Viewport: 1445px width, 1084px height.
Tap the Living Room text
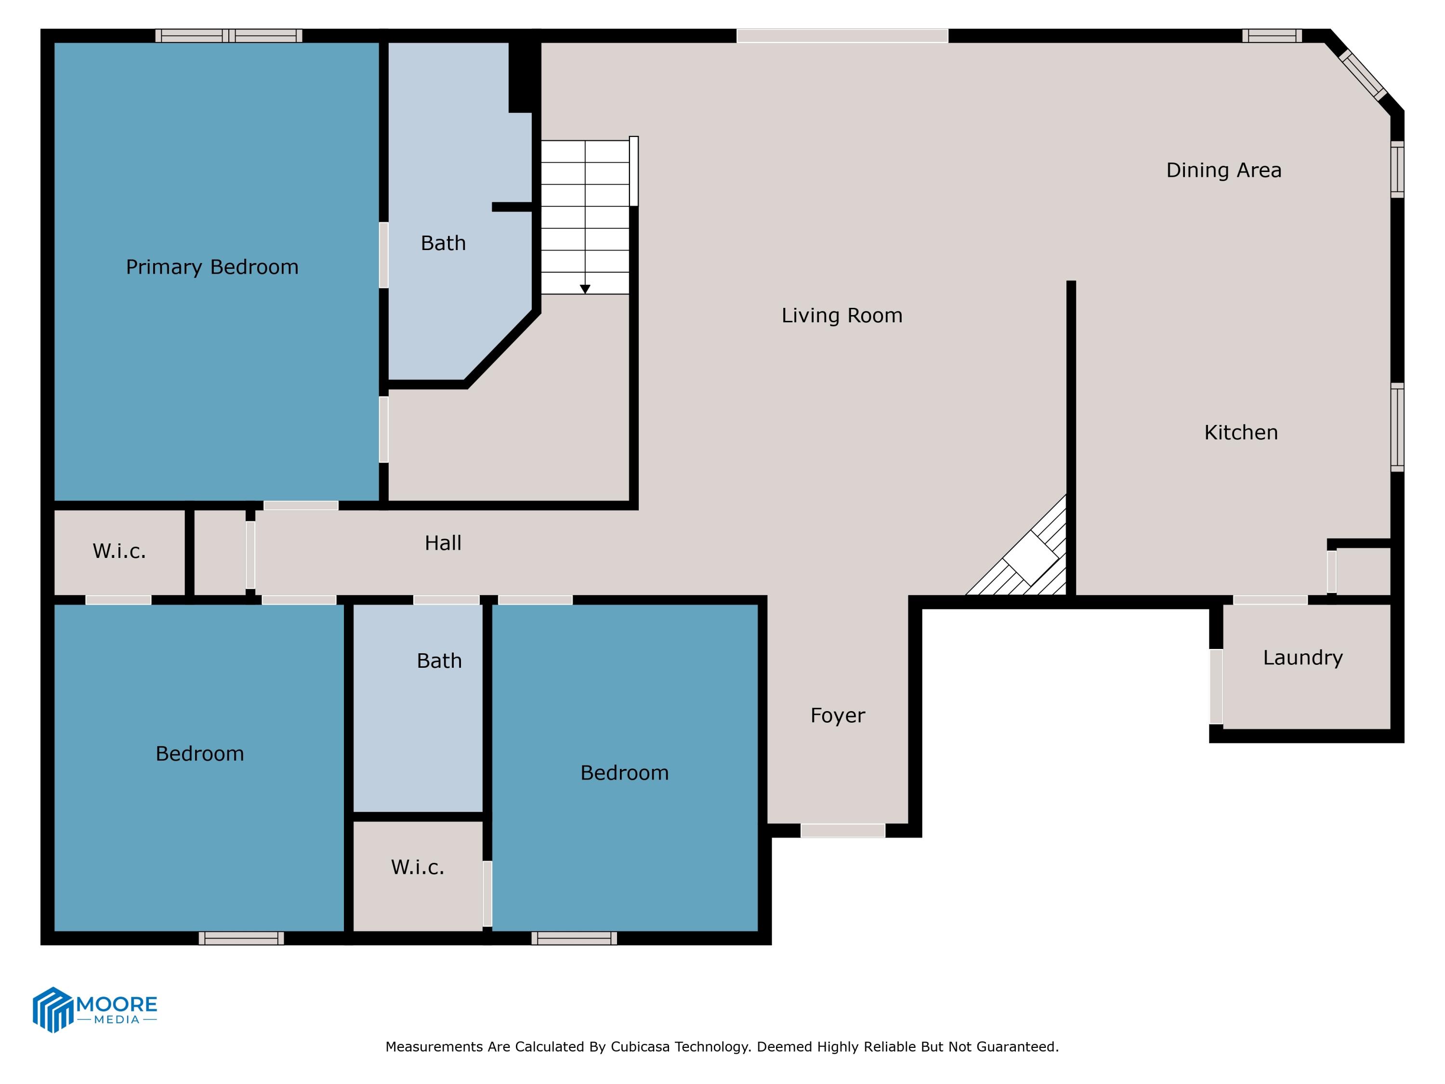click(x=841, y=316)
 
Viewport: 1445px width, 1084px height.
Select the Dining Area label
click(x=1223, y=171)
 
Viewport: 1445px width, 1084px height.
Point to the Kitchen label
click(x=1240, y=433)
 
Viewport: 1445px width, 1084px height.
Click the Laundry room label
click(x=1302, y=657)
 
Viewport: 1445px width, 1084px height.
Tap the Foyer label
click(x=838, y=715)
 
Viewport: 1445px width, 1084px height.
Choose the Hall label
click(x=443, y=543)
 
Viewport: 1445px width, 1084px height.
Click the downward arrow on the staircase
click(x=585, y=288)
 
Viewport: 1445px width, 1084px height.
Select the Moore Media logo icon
click(x=52, y=1009)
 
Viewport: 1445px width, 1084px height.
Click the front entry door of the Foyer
click(x=843, y=831)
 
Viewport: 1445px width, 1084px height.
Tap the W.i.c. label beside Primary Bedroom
click(x=119, y=552)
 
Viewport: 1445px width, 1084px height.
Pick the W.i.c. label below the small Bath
click(x=418, y=867)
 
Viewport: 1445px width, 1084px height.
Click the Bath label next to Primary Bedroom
click(x=443, y=243)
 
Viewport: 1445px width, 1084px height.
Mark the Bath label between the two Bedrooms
click(x=439, y=661)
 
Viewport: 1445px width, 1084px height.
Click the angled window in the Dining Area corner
click(x=1362, y=75)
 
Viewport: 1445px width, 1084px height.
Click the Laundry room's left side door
click(x=1216, y=686)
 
